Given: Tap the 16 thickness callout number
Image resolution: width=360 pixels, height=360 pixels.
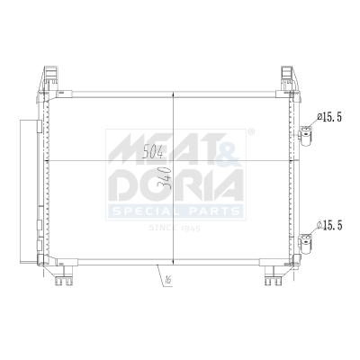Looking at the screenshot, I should coord(166,281).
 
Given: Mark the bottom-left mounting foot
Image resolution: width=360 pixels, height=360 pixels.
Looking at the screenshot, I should coord(63,280).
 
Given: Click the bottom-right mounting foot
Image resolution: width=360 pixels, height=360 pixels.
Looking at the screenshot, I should coord(273,280).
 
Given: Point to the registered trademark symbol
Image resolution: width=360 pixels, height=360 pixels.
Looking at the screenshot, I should coord(250,132).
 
